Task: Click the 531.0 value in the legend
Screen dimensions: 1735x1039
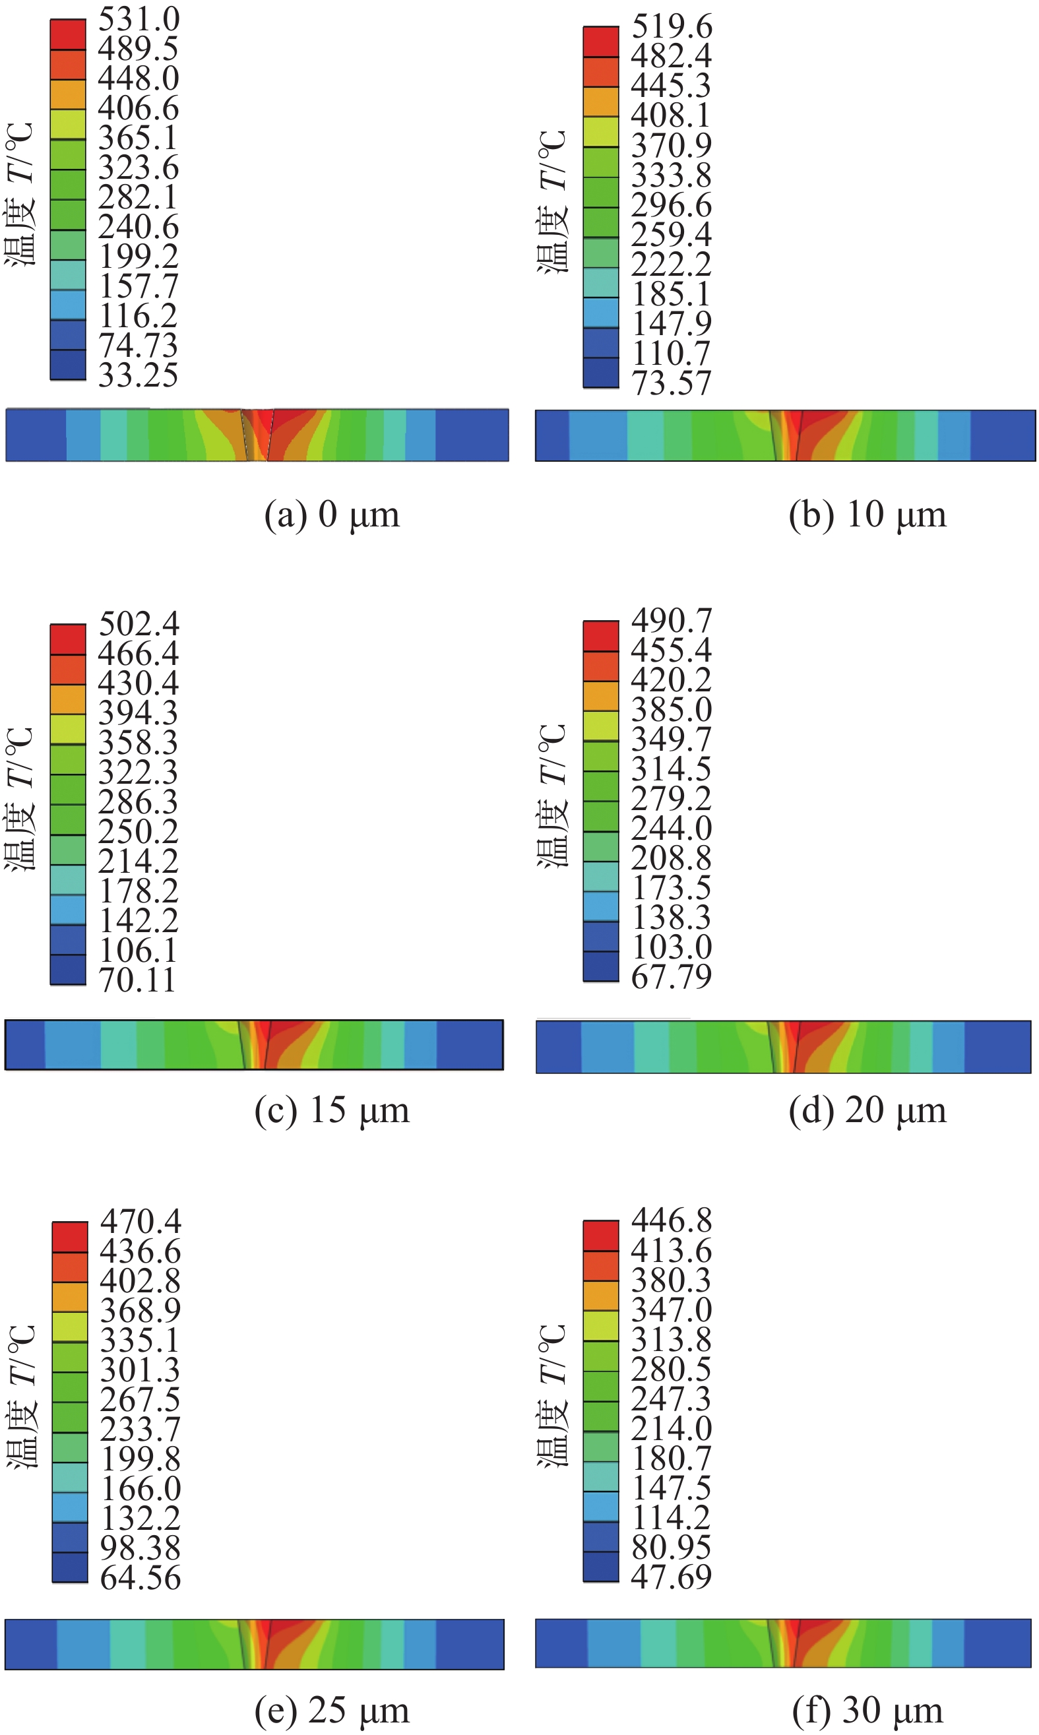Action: (139, 19)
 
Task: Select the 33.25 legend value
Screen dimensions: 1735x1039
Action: (139, 375)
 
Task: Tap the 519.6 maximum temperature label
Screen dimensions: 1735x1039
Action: (672, 26)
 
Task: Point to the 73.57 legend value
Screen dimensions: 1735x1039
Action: (672, 383)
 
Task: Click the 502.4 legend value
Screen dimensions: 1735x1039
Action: (139, 623)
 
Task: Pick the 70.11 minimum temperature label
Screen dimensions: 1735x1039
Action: (137, 980)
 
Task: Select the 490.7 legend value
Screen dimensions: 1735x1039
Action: (672, 620)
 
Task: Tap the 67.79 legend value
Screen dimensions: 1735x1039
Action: (672, 977)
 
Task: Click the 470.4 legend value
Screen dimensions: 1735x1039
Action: (141, 1222)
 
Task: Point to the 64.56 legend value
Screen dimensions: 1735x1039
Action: (141, 1578)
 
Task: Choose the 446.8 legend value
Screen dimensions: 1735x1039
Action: (672, 1220)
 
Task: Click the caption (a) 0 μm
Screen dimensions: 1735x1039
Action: (332, 515)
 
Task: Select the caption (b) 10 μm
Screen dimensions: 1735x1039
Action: (867, 515)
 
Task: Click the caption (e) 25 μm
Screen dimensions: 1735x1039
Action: (332, 1711)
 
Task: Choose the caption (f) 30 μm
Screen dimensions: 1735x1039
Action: (867, 1711)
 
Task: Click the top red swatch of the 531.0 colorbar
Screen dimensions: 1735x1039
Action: (68, 34)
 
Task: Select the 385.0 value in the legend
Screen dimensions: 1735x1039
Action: (672, 710)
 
